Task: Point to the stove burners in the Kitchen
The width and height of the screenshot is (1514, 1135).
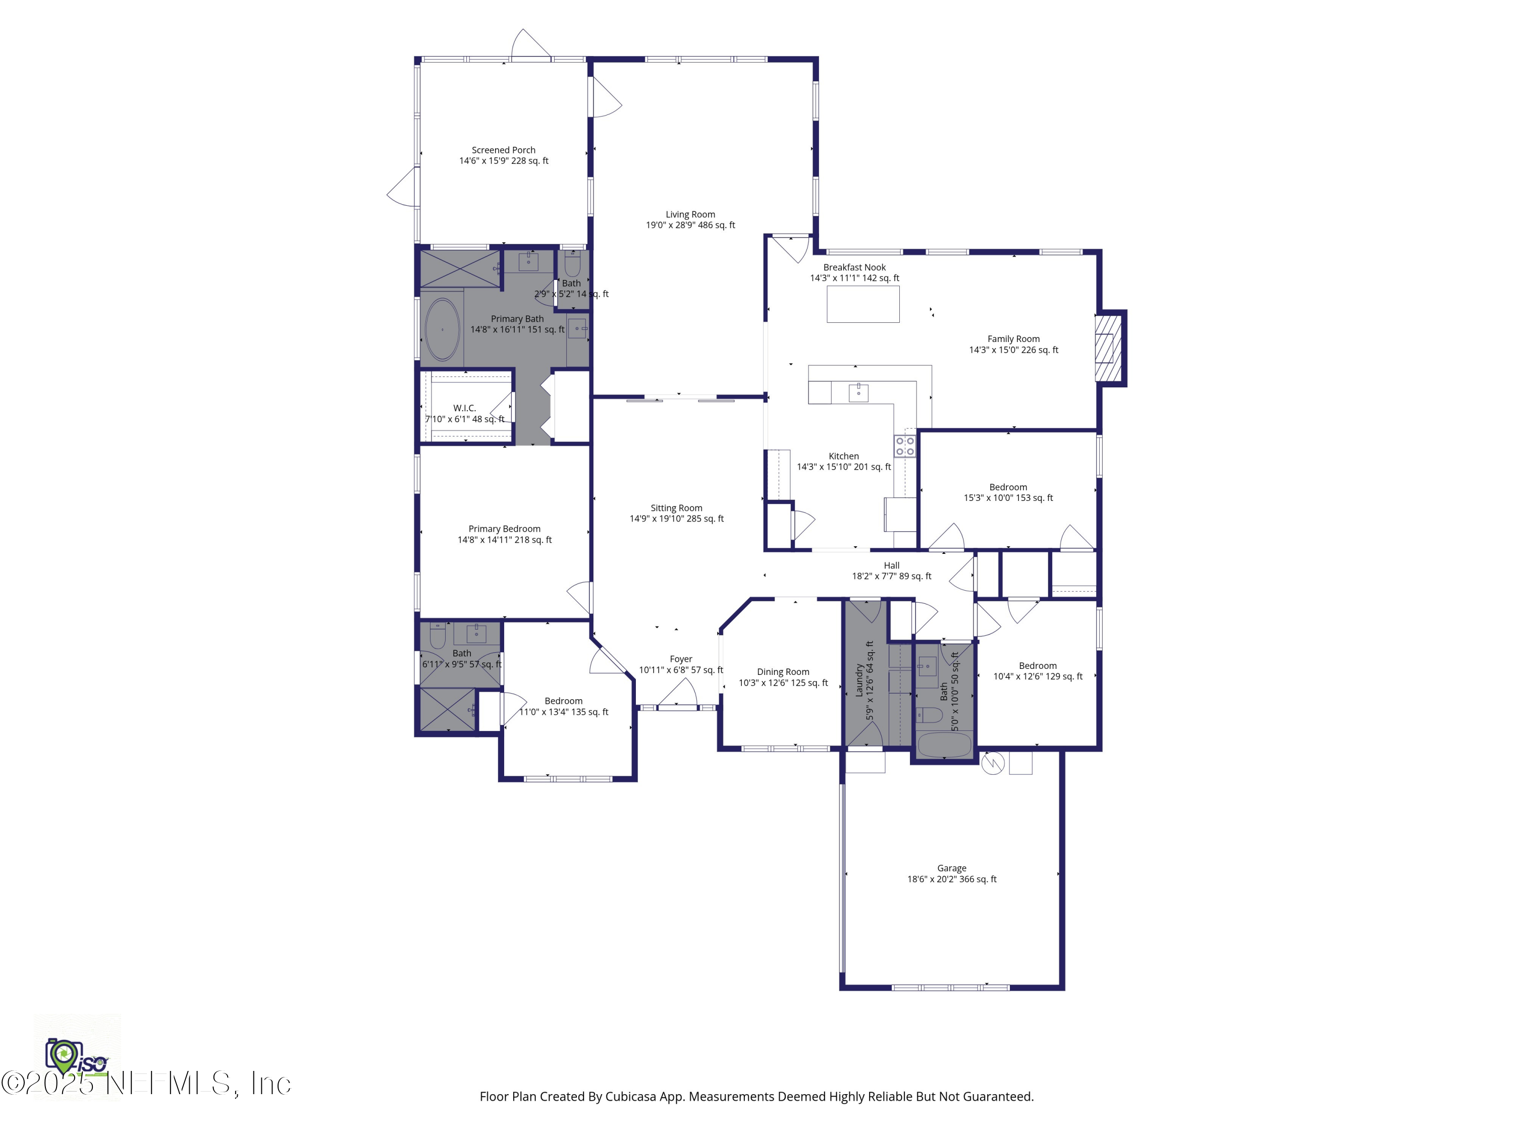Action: pos(905,446)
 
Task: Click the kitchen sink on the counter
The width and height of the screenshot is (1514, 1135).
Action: pos(858,392)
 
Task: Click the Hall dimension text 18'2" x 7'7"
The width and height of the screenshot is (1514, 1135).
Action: pos(891,576)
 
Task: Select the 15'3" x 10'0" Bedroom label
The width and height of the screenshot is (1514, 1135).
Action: pos(1007,492)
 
